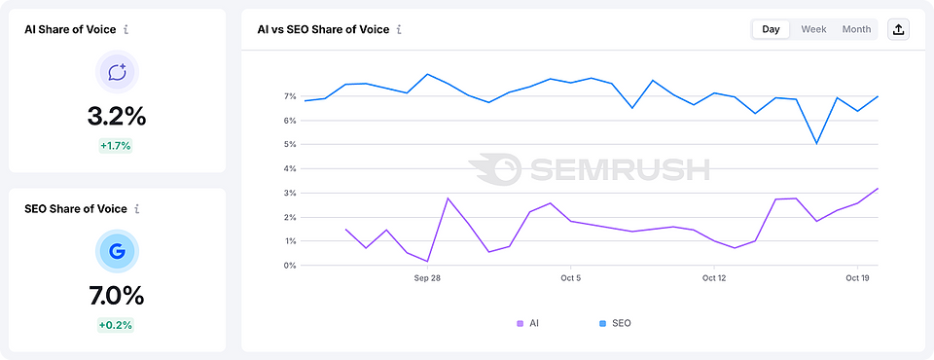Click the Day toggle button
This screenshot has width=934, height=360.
pos(771,29)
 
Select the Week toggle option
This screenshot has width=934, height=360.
pos(813,29)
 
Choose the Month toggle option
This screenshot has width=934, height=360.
pos(856,29)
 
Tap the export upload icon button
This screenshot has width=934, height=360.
pos(899,29)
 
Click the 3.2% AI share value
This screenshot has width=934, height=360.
pos(117,117)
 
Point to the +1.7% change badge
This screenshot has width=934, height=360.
pos(116,146)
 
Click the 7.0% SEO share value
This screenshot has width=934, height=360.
pos(117,296)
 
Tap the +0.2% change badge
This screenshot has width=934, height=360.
pos(116,325)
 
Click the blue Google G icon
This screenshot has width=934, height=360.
pos(117,252)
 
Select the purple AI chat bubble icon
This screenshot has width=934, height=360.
pos(117,72)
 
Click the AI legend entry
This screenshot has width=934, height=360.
pos(527,323)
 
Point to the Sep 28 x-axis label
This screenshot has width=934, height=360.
pos(427,278)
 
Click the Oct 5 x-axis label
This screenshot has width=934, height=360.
pos(571,278)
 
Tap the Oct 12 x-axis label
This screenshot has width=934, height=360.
pos(714,278)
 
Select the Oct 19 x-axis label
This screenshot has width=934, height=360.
pos(857,278)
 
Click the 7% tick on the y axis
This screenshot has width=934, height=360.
pos(289,96)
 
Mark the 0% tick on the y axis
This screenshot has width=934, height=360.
pos(289,266)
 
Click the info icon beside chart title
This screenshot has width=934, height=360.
pos(399,29)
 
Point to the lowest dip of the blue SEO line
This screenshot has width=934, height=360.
pos(816,143)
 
